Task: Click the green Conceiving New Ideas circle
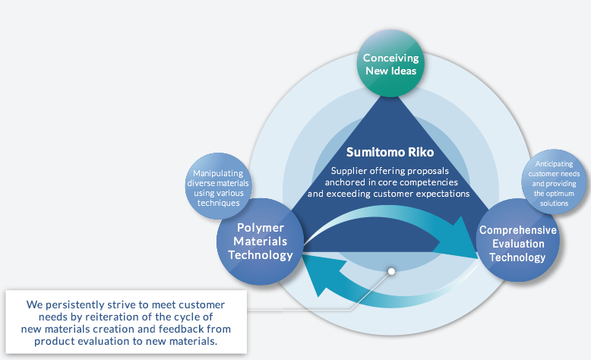click(390, 63)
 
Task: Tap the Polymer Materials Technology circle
click(260, 242)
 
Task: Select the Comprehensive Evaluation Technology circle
click(518, 240)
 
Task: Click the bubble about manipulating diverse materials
click(218, 186)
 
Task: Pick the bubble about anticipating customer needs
click(554, 182)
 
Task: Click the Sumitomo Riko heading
click(390, 152)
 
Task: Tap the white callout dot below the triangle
click(392, 271)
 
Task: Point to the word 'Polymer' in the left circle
click(261, 228)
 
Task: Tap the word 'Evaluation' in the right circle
click(518, 244)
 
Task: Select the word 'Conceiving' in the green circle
click(391, 58)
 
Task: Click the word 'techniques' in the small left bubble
click(219, 203)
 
